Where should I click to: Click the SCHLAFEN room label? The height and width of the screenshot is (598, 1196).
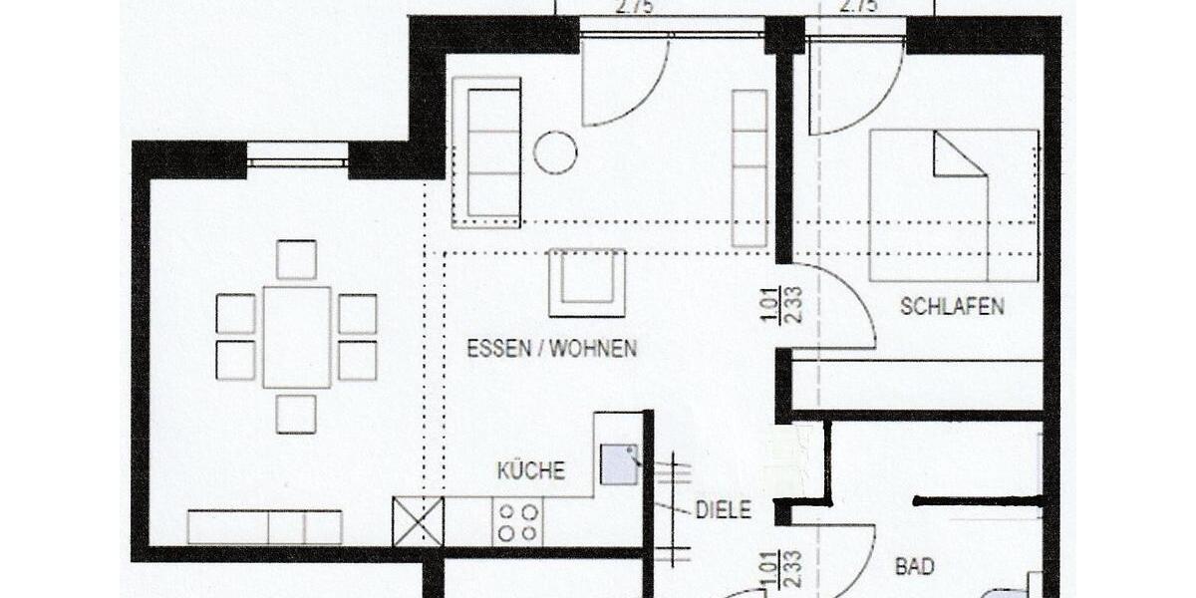pyautogui.click(x=952, y=306)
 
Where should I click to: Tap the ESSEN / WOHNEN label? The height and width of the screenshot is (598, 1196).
pyautogui.click(x=551, y=349)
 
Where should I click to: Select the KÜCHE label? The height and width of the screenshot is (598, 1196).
pyautogui.click(x=531, y=470)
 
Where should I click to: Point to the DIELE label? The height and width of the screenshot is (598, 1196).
pyautogui.click(x=723, y=510)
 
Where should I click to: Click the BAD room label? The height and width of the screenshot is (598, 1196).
pyautogui.click(x=915, y=567)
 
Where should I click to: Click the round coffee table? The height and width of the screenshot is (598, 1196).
pyautogui.click(x=555, y=152)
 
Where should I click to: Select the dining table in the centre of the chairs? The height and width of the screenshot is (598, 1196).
pyautogui.click(x=297, y=337)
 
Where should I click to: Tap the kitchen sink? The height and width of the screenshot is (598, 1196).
pyautogui.click(x=619, y=464)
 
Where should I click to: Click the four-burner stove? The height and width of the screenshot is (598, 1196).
pyautogui.click(x=518, y=521)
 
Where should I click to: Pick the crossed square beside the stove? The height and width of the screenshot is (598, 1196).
pyautogui.click(x=418, y=521)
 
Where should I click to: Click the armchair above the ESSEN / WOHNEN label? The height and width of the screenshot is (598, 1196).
pyautogui.click(x=587, y=282)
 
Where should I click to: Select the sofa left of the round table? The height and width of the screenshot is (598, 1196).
pyautogui.click(x=487, y=151)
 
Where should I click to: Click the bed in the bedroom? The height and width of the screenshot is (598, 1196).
pyautogui.click(x=954, y=205)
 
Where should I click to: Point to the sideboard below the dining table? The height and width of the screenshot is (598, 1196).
pyautogui.click(x=265, y=526)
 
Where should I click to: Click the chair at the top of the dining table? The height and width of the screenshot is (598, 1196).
pyautogui.click(x=296, y=259)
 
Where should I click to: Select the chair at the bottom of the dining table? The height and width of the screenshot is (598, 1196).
pyautogui.click(x=296, y=414)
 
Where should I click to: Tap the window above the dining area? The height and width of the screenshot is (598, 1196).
pyautogui.click(x=297, y=155)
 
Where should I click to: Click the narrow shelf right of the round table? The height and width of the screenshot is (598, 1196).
pyautogui.click(x=749, y=167)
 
